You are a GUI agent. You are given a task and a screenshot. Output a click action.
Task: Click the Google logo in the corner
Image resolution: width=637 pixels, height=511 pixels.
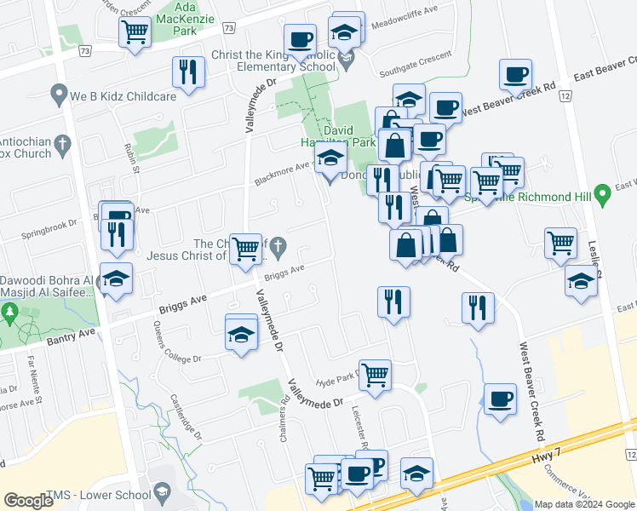29,501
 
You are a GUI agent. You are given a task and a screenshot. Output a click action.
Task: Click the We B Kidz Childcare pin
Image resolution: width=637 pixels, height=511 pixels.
58,94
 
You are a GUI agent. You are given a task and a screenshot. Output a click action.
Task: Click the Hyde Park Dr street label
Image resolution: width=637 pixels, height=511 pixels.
336,382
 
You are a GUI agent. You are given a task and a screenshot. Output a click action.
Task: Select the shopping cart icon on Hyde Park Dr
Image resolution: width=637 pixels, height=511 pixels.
376,375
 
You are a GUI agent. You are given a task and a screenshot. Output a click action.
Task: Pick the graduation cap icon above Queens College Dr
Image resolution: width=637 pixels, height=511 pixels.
241,333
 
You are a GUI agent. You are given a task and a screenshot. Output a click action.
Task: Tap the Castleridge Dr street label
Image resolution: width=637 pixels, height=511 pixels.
186,417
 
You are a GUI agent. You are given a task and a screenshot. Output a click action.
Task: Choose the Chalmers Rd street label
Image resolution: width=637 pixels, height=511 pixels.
284,411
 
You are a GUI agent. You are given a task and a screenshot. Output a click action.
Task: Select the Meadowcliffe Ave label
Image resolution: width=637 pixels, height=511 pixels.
406,24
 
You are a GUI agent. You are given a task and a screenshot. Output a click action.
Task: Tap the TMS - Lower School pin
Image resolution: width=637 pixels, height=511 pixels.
161,492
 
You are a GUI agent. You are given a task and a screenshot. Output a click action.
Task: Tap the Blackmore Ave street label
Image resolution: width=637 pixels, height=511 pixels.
281,175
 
